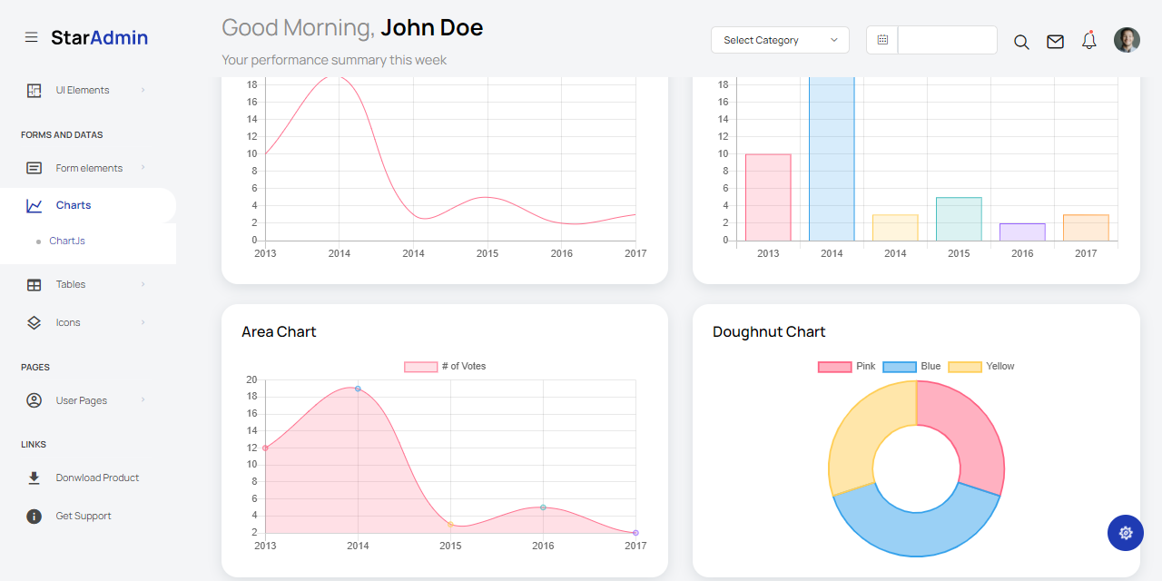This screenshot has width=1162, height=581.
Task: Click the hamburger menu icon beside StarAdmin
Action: pyautogui.click(x=32, y=37)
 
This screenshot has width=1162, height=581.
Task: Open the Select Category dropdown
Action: pyautogui.click(x=780, y=40)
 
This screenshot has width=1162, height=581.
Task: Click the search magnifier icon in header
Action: pyautogui.click(x=1021, y=42)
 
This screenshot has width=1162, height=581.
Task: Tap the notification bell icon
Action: pyautogui.click(x=1089, y=41)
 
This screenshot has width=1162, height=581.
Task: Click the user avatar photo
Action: pyautogui.click(x=1127, y=40)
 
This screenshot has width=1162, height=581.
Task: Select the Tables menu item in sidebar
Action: pyautogui.click(x=70, y=284)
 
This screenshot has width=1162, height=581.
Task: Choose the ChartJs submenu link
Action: pyautogui.click(x=67, y=241)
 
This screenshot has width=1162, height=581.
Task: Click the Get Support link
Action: pyautogui.click(x=83, y=516)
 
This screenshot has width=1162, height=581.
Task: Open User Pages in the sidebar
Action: pyautogui.click(x=81, y=400)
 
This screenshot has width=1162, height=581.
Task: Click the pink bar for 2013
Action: pyautogui.click(x=768, y=198)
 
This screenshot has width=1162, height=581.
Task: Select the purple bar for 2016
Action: pyautogui.click(x=1022, y=232)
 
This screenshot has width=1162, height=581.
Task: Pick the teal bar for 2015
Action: pyautogui.click(x=959, y=220)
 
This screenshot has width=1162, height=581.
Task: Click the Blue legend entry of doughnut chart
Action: pyautogui.click(x=911, y=367)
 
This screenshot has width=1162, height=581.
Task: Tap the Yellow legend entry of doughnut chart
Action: pyautogui.click(x=980, y=367)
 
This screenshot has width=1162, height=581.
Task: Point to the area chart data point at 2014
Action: pyautogui.click(x=358, y=389)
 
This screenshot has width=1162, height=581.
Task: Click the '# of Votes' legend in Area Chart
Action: pyautogui.click(x=445, y=367)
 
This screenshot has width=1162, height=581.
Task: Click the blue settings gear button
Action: pyautogui.click(x=1126, y=533)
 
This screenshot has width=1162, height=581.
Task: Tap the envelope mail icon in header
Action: pyautogui.click(x=1055, y=42)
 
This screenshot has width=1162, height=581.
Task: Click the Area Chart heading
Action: pyautogui.click(x=279, y=332)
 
